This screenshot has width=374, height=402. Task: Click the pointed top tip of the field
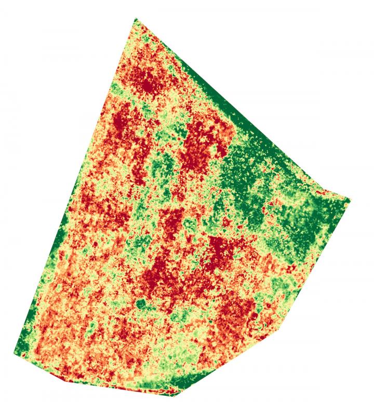[x=136, y=19]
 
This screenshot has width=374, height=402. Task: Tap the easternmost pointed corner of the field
[x=349, y=200]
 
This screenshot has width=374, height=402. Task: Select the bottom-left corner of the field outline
[x=14, y=353]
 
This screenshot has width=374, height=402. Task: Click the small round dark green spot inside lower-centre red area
[x=140, y=303]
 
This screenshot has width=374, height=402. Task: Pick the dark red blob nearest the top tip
[x=148, y=83]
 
